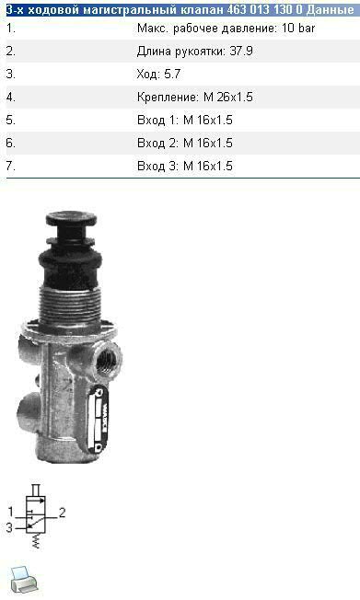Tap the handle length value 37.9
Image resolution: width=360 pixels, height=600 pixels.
click(241, 51)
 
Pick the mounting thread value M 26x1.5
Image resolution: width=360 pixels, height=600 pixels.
click(227, 97)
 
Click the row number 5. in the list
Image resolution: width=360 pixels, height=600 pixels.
click(11, 120)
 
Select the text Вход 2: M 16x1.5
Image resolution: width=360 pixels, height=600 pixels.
click(184, 143)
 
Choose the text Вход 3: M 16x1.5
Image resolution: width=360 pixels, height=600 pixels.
click(184, 166)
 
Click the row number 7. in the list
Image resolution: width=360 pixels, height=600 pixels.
click(11, 166)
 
